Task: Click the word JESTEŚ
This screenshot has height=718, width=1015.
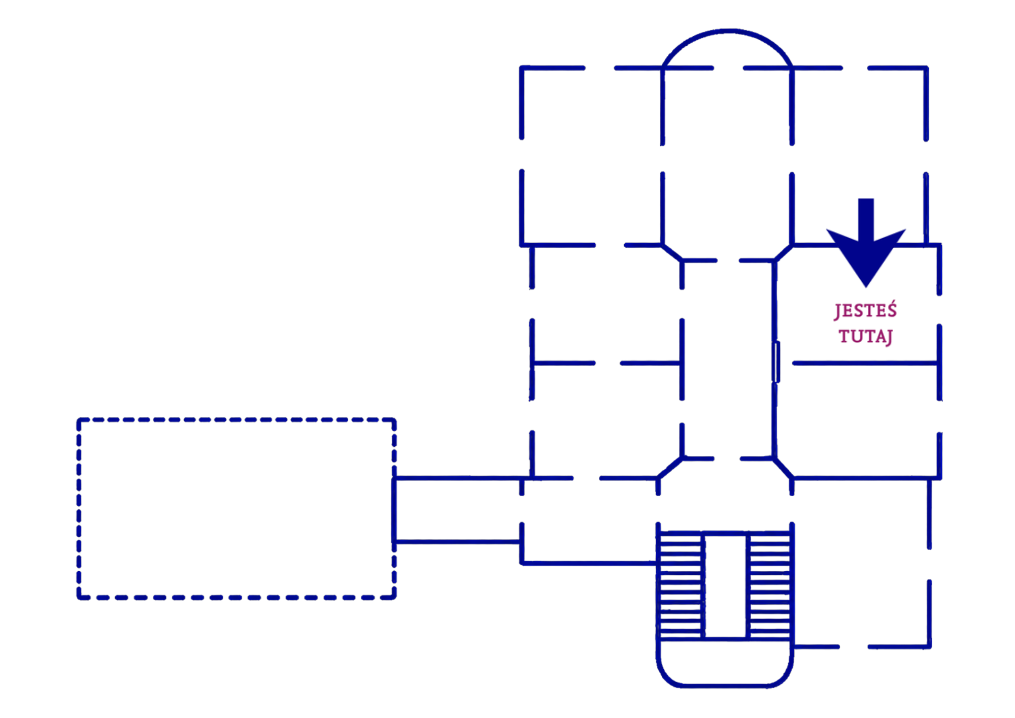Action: [866, 310]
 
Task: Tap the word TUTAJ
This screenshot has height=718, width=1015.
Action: [866, 336]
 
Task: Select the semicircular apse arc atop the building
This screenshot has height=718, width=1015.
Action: [727, 31]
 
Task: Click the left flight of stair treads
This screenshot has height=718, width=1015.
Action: [680, 584]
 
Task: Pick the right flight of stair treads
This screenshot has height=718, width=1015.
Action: [770, 584]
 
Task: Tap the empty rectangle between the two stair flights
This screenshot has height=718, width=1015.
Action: [726, 585]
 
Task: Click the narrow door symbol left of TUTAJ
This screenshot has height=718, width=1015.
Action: [776, 362]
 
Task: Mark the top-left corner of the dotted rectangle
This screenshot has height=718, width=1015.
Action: [79, 420]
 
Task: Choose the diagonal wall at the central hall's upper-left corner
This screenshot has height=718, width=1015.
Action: [672, 253]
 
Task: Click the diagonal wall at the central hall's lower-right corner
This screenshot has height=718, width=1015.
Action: [783, 468]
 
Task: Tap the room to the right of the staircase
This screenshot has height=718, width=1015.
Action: [861, 563]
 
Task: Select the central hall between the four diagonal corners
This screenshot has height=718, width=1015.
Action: [728, 360]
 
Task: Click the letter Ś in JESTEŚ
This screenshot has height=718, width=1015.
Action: [891, 309]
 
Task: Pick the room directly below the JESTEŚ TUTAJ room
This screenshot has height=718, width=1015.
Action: [857, 420]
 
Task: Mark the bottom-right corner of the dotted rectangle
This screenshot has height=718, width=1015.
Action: [394, 597]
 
